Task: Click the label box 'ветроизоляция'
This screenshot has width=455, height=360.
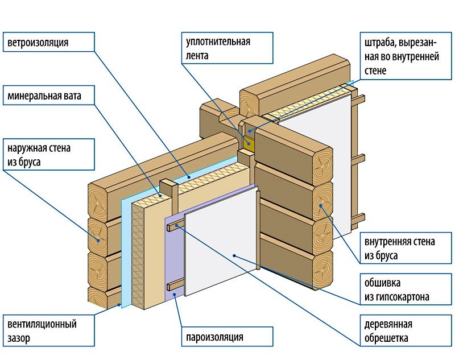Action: tap(48, 42)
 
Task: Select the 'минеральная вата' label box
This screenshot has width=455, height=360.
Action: tap(48, 96)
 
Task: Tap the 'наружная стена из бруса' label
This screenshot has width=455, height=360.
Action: tap(48, 155)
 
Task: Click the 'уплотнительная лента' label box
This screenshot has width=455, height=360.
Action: tap(226, 49)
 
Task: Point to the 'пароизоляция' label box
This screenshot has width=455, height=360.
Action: tap(226, 337)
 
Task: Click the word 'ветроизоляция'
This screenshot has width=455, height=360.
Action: tap(38, 42)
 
